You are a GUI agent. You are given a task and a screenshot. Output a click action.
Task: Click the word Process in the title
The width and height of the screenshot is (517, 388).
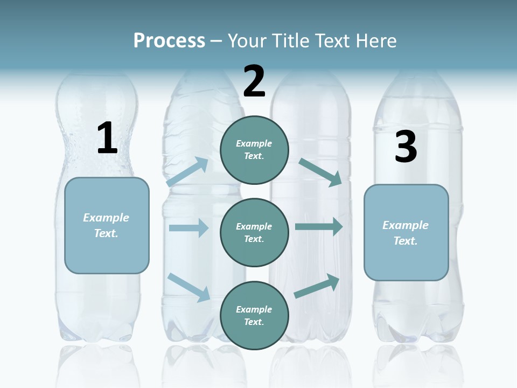coord(169,41)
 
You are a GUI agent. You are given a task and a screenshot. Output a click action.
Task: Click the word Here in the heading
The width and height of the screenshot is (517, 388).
coord(376,41)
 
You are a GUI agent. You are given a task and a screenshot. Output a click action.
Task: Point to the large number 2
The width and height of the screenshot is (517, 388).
coord(254,81)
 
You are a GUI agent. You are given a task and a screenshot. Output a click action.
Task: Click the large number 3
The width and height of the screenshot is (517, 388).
coord(406,147)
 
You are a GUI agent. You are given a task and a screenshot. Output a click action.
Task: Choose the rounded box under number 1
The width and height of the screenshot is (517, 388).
coord(107,225)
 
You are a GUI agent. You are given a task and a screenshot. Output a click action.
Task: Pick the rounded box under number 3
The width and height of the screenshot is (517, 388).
coord(406,233)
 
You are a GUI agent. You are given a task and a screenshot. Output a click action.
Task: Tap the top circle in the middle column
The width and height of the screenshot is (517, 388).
coord(254,150)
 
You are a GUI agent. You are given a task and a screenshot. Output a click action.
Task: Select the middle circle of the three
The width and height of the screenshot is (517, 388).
coord(254,232)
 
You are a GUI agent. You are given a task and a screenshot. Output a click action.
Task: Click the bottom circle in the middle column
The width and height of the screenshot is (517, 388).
coord(254,315)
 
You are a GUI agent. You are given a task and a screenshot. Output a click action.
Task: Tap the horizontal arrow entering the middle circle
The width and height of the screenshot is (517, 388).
coord(188,228)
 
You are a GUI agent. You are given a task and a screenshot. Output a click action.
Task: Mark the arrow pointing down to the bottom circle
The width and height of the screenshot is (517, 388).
coord(188,287)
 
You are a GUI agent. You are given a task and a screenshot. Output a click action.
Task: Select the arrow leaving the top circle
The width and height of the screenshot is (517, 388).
coord(320,172)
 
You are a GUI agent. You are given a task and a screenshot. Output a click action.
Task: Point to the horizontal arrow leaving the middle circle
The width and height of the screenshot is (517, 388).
coord(318,227)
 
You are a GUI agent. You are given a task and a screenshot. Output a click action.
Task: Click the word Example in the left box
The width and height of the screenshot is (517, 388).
coord(106,218)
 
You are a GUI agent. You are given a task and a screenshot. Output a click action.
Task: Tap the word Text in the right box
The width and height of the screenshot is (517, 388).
coord(405,241)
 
